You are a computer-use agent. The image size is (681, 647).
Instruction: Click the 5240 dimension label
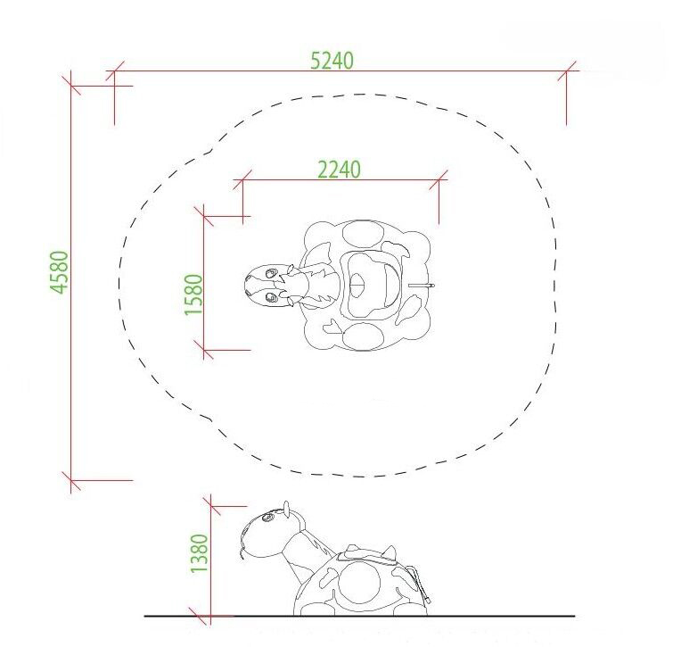(x=332, y=61)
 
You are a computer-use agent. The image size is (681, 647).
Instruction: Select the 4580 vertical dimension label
(x=60, y=272)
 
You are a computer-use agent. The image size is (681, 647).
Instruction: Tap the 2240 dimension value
(x=339, y=170)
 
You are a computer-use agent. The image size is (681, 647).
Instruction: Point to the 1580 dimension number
(x=193, y=294)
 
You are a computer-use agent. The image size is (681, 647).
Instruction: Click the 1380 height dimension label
(x=200, y=553)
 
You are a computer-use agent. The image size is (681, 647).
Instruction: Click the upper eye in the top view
(x=271, y=273)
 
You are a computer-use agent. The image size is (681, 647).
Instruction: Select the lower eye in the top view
(x=271, y=297)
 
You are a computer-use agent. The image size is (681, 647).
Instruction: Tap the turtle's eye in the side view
(x=267, y=518)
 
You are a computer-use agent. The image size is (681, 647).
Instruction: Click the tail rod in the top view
(x=422, y=286)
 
